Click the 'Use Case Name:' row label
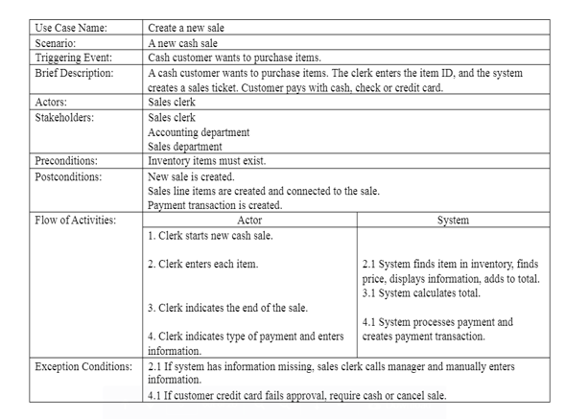[71, 28]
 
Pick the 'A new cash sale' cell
[182, 43]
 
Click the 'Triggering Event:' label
[73, 58]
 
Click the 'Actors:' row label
[53, 102]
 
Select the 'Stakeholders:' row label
[64, 117]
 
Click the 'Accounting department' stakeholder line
[199, 132]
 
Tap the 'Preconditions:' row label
[65, 161]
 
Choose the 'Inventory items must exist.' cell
[207, 161]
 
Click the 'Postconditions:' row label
[67, 176]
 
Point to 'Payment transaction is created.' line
[215, 205]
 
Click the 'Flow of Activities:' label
[75, 221]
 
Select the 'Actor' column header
[249, 221]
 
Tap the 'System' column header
[453, 221]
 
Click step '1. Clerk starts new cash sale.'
[210, 235]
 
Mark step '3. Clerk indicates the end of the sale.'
[227, 308]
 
